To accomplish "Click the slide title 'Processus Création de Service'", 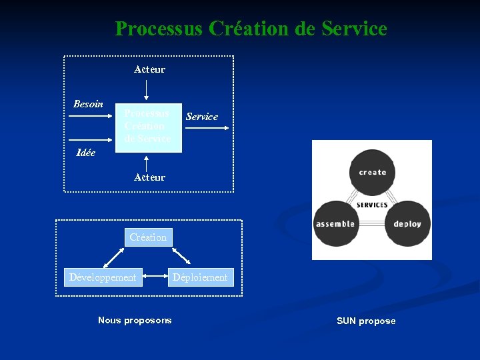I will (x=251, y=29).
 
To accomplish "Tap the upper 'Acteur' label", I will (x=149, y=69).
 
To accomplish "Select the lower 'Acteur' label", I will (x=149, y=177).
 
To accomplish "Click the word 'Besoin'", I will (x=88, y=104).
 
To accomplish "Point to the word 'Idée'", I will (x=86, y=153).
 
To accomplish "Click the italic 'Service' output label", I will (x=201, y=117).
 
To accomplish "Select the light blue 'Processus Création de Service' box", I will (x=148, y=127).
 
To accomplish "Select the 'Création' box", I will (x=148, y=237).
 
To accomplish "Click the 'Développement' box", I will (x=103, y=277).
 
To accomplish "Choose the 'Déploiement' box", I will (x=201, y=277).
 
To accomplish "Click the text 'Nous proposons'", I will (x=135, y=321).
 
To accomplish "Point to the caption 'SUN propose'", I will (x=366, y=321).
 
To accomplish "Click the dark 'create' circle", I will (x=372, y=172).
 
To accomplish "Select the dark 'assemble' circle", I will (x=335, y=224).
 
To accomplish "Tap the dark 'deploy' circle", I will (x=407, y=224).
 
